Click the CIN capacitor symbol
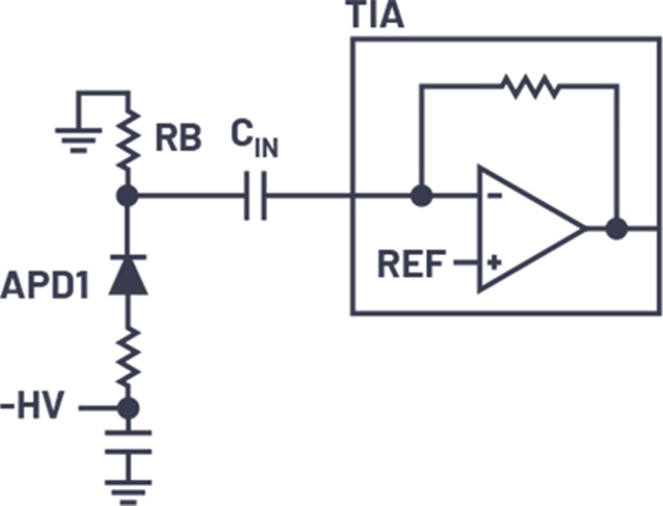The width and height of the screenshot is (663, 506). [255, 197]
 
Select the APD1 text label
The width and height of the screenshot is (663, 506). [44, 287]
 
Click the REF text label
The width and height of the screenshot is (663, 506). [411, 263]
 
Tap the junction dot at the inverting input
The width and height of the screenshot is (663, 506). [421, 197]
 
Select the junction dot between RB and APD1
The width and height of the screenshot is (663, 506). [128, 197]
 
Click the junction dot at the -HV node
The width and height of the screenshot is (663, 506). [128, 407]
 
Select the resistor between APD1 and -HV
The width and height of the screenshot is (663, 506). [128, 354]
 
